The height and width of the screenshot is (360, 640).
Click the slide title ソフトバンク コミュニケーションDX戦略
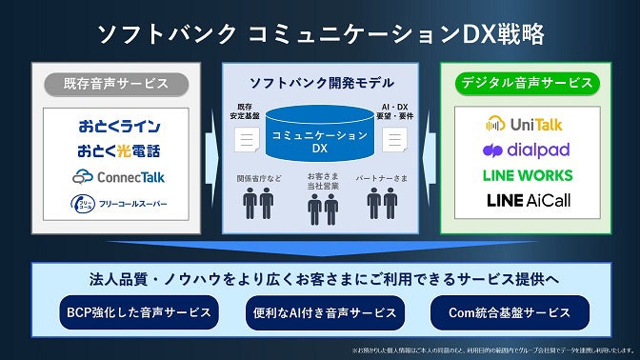[x=320, y=34]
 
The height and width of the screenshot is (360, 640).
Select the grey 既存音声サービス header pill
[x=117, y=84]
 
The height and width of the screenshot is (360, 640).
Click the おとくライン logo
[x=119, y=127]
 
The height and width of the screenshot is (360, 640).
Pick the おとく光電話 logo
[x=119, y=150]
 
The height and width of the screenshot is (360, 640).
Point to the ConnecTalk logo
[x=119, y=176]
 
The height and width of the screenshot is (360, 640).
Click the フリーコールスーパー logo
[x=119, y=203]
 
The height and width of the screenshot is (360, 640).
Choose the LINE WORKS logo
[x=528, y=176]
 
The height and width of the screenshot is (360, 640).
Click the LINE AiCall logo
[x=528, y=201]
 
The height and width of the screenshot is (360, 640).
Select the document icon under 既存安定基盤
[x=246, y=140]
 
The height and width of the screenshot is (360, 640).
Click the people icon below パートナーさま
[x=382, y=203]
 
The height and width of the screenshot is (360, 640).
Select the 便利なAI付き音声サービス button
[x=320, y=312]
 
